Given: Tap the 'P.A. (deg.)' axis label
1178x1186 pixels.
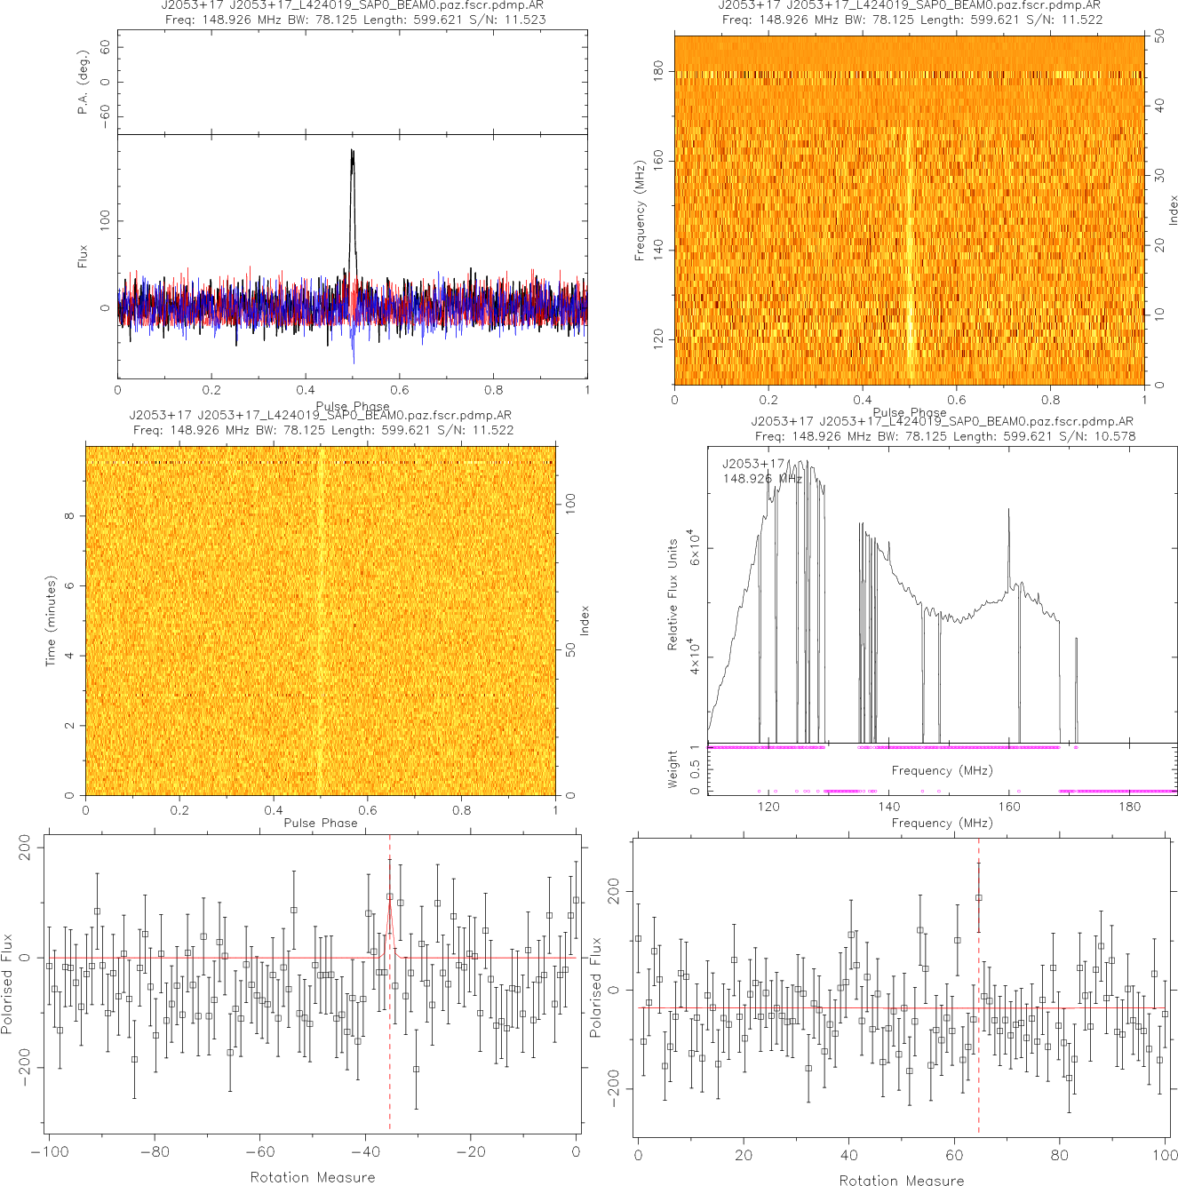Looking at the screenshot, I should pyautogui.click(x=84, y=82).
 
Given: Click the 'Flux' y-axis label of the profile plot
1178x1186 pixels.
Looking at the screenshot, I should pyautogui.click(x=84, y=257).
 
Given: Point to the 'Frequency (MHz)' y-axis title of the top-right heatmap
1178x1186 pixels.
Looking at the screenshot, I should pyautogui.click(x=640, y=211).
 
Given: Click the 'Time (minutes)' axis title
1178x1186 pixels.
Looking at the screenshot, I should pyautogui.click(x=51, y=621).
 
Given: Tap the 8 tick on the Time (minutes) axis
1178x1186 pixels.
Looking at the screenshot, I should pyautogui.click(x=69, y=516).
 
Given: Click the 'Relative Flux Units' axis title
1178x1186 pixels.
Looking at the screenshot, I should pyautogui.click(x=673, y=593).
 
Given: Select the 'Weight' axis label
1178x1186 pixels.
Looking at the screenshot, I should pyautogui.click(x=672, y=769).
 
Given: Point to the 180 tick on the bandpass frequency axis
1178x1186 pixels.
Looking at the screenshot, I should pyautogui.click(x=1129, y=807).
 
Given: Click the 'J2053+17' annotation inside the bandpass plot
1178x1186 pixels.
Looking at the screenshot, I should pyautogui.click(x=753, y=464).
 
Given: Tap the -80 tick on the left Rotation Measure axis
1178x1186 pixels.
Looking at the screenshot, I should pyautogui.click(x=155, y=1152).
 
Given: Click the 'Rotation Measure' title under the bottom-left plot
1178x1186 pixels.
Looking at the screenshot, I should pyautogui.click(x=312, y=1177).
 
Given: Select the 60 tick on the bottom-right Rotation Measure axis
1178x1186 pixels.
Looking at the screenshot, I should pyautogui.click(x=955, y=1155).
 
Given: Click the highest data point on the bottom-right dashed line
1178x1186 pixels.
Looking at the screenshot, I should pyautogui.click(x=979, y=897).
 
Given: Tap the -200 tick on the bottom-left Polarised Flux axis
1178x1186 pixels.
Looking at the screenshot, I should pyautogui.click(x=24, y=1070).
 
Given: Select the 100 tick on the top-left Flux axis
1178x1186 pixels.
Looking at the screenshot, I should pyautogui.click(x=105, y=220).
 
